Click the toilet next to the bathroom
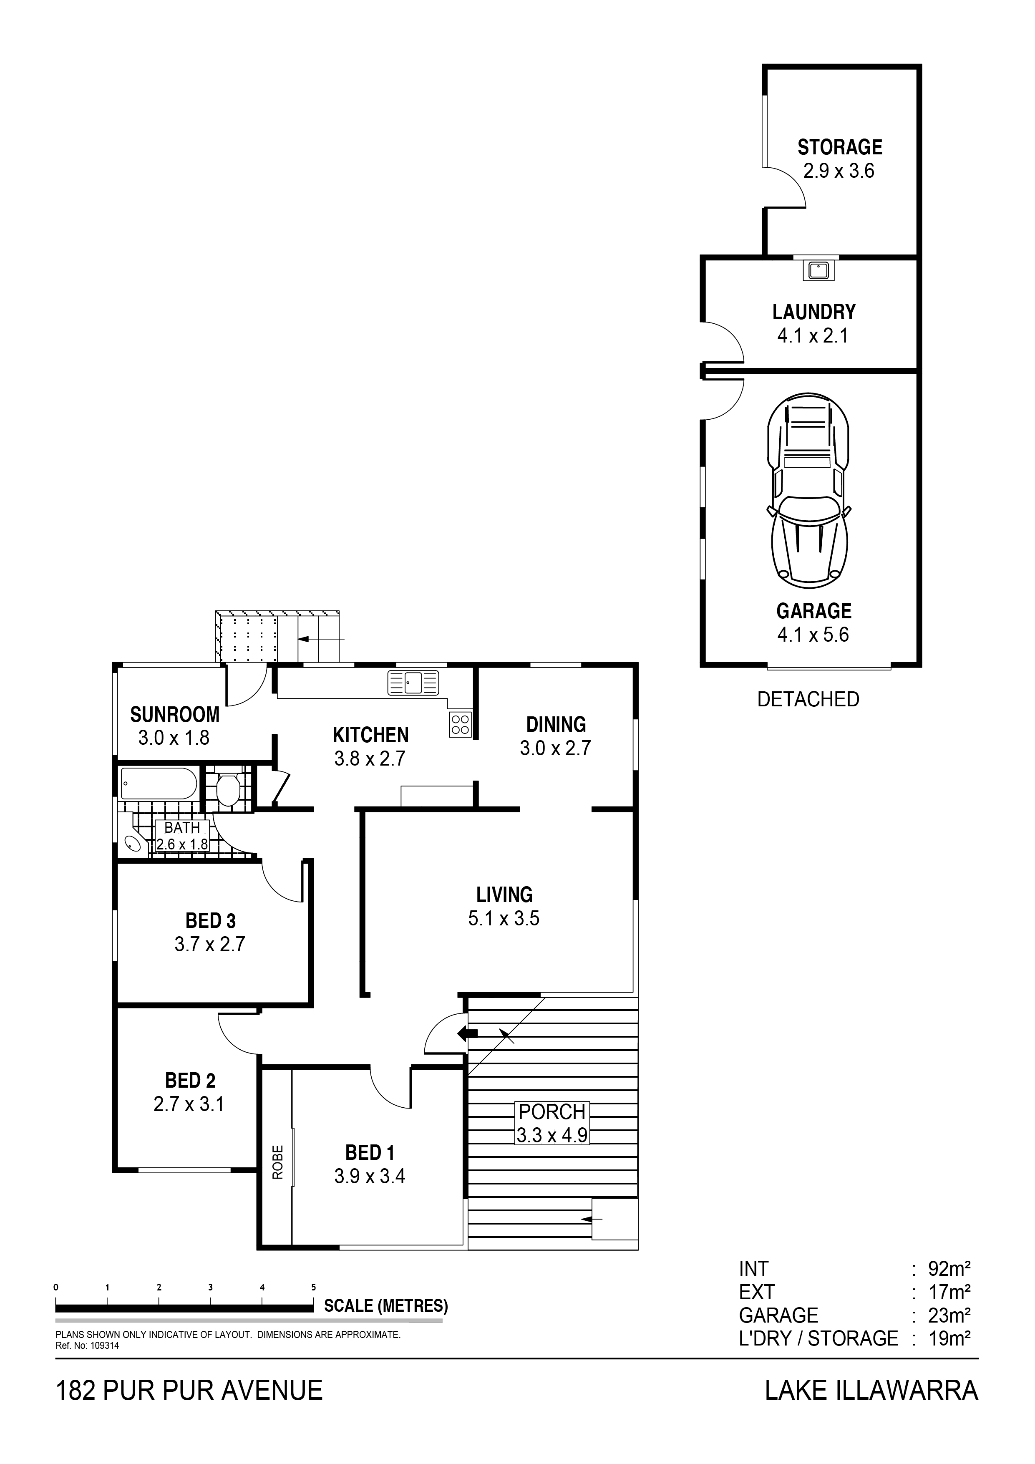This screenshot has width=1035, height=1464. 228,791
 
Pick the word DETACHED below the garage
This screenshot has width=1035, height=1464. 808,700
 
